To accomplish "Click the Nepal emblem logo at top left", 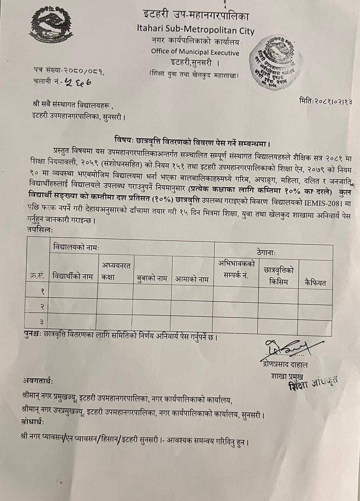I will click(50, 25).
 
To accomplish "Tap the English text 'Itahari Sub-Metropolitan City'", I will click(196, 30).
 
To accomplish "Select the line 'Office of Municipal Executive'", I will click(195, 51).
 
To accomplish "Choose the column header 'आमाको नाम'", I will click(192, 279).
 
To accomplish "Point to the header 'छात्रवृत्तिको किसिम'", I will click(279, 276).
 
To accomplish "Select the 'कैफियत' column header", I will click(315, 283).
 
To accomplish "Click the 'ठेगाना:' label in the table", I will click(270, 253).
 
